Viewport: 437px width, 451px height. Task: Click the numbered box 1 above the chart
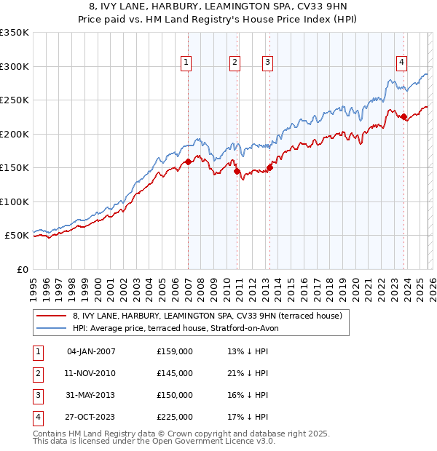point(187,63)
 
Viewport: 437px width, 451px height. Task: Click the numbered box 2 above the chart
point(235,63)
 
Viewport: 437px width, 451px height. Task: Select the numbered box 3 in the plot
point(268,63)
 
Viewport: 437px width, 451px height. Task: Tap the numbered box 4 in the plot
point(401,63)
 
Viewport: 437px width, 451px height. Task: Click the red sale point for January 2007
point(188,161)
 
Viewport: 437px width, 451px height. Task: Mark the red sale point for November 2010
point(237,171)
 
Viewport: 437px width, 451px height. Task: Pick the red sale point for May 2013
point(269,167)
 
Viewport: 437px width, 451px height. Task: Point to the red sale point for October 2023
point(403,116)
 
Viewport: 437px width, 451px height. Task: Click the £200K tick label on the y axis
point(15,134)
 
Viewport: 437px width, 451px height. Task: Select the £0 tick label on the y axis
point(22,269)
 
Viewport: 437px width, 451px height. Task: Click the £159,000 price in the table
point(175,351)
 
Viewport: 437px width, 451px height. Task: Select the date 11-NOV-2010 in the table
point(91,373)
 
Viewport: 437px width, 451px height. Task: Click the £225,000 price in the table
point(175,417)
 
